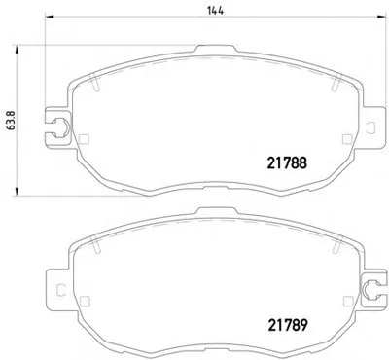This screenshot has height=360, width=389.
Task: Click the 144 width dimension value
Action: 216,11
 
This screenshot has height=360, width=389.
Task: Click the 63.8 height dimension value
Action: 12,121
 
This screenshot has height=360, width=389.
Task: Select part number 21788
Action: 287,163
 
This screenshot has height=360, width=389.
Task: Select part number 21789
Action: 287,325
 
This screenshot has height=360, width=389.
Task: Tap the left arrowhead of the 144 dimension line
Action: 49,17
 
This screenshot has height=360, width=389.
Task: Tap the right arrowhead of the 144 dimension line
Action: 382,17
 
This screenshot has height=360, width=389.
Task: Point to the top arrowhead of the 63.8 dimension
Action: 17,50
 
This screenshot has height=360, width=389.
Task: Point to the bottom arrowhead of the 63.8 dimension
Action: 17,192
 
